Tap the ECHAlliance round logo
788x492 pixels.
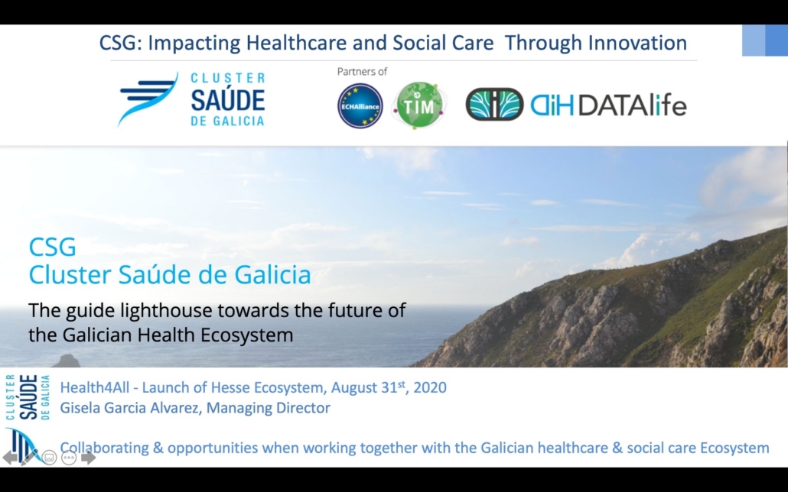click(360, 106)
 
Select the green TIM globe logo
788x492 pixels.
click(419, 105)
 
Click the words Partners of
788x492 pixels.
click(362, 72)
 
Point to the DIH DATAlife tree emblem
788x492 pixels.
click(494, 105)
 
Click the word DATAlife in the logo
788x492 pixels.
click(632, 105)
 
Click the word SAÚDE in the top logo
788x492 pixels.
click(228, 99)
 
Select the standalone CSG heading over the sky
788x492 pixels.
click(52, 247)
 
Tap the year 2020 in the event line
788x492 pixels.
click(430, 387)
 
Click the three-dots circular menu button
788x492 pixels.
click(69, 458)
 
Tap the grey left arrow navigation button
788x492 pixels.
click(9, 458)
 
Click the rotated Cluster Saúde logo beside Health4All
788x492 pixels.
click(28, 397)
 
